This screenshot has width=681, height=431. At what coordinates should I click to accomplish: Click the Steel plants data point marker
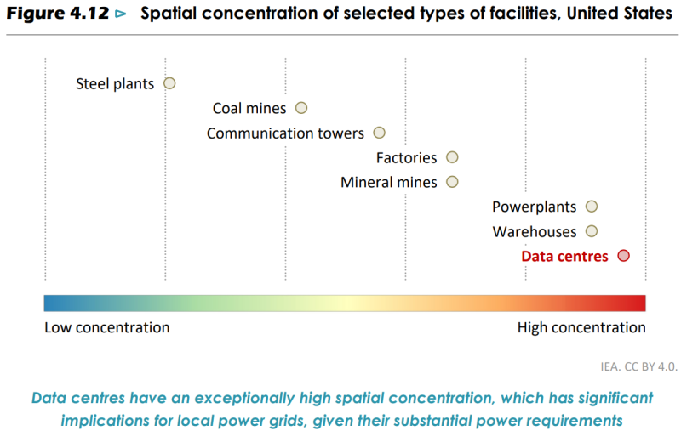[x=169, y=83]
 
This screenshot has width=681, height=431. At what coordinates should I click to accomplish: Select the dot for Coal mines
[x=301, y=108]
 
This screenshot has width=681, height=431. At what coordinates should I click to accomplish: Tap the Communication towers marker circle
[x=380, y=133]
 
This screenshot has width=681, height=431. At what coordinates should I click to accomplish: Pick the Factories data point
[x=452, y=157]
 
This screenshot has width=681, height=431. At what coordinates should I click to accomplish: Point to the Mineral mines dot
[x=452, y=182]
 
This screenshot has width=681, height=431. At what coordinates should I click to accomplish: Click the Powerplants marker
[x=592, y=207]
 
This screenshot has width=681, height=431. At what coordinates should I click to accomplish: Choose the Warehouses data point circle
[x=592, y=231]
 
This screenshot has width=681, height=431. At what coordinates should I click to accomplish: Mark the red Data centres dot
[x=623, y=256]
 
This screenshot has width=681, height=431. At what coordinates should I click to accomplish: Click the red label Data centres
[x=564, y=256]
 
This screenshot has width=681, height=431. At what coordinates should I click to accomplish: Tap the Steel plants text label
[x=115, y=84]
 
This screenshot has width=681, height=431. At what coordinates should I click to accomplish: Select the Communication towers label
[x=285, y=133]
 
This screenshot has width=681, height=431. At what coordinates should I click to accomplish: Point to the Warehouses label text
[x=535, y=232]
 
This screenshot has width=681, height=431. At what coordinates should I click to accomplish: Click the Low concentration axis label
[x=106, y=328]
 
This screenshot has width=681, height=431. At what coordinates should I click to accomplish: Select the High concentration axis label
[x=581, y=328]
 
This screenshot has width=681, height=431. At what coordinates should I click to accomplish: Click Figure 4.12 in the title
[x=58, y=14]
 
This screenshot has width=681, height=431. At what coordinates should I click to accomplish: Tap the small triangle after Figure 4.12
[x=120, y=14]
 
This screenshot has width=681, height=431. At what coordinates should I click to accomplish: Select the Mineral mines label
[x=389, y=183]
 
